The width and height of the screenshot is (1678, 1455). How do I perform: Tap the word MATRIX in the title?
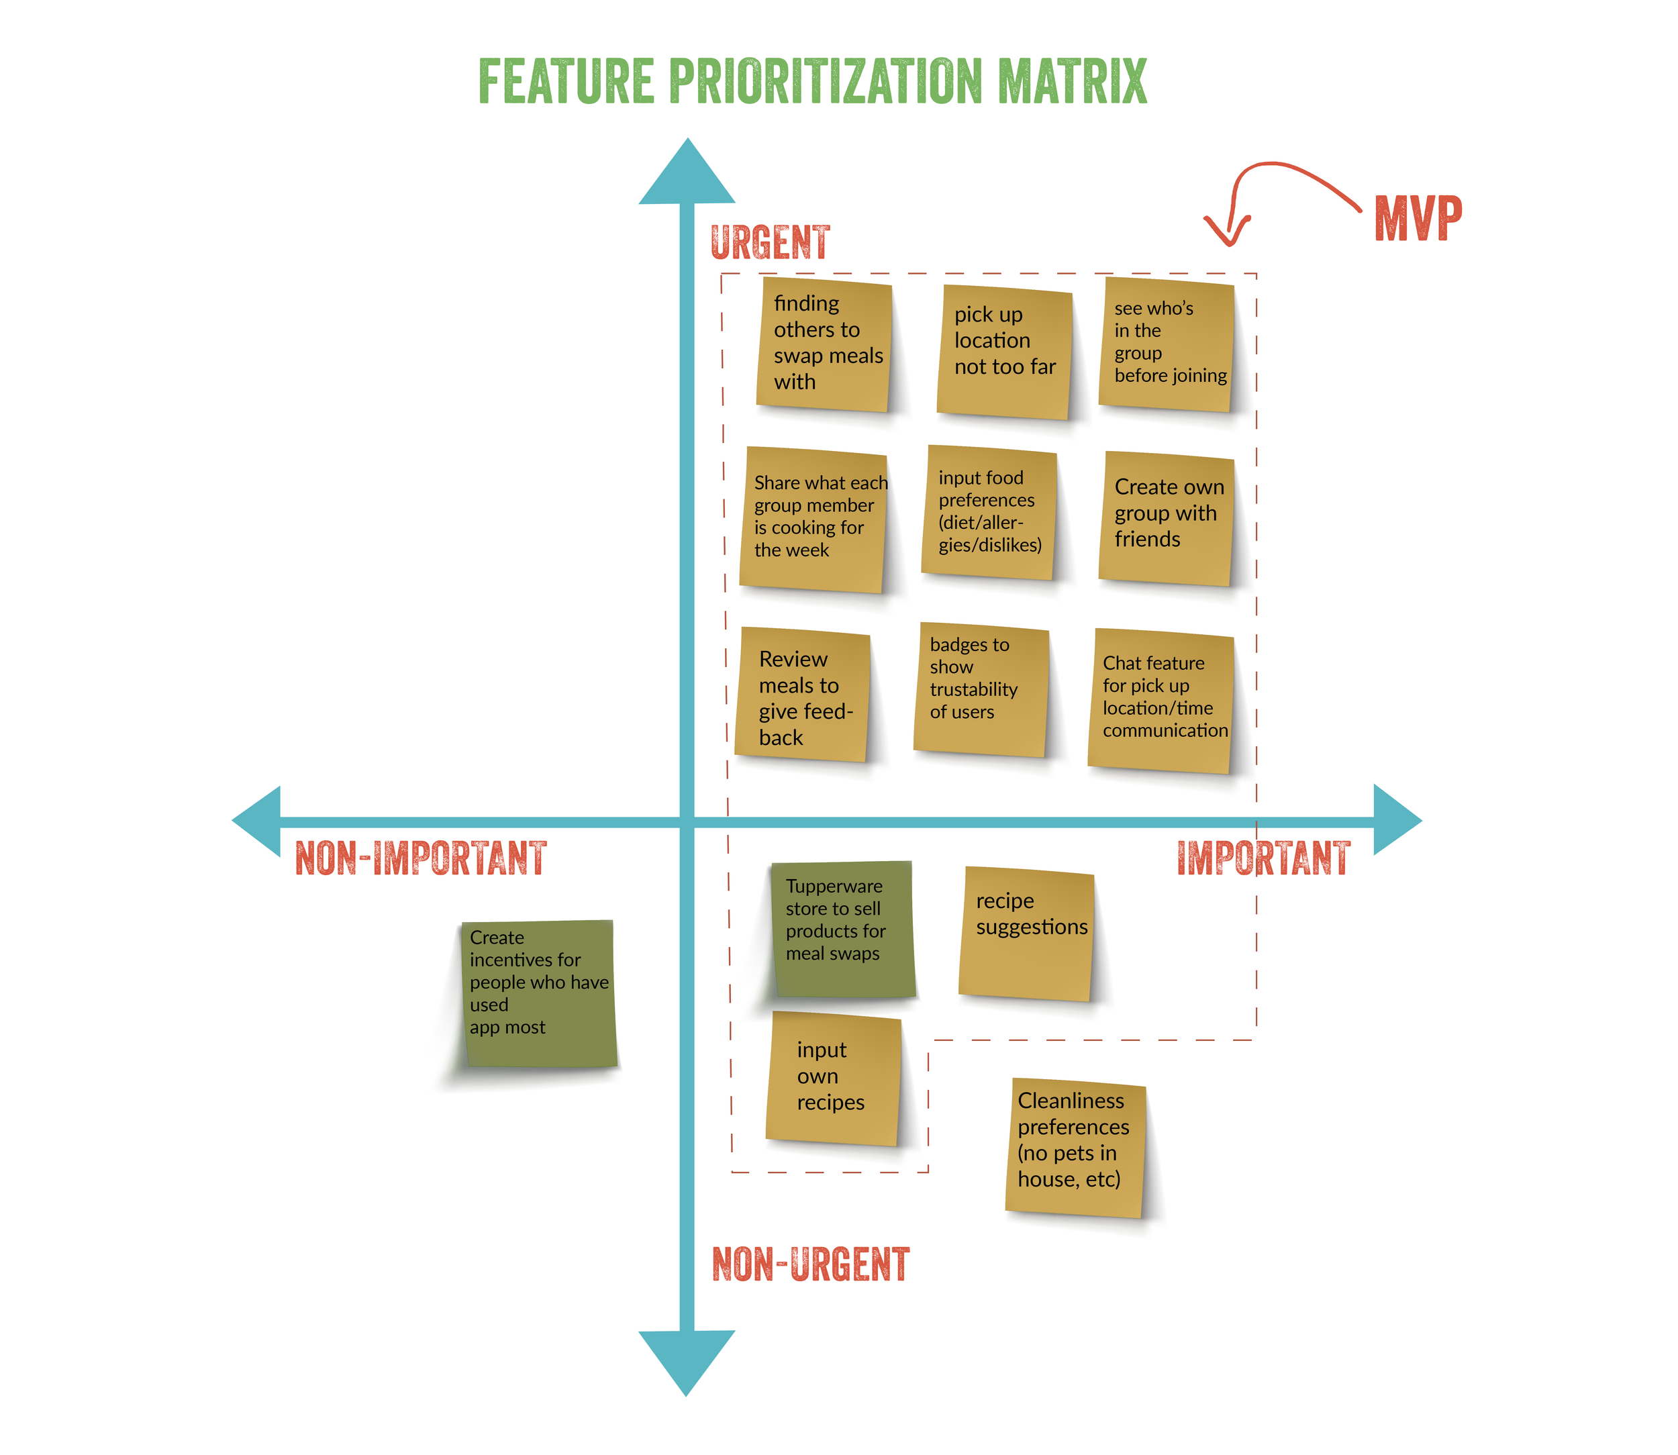pyautogui.click(x=1071, y=81)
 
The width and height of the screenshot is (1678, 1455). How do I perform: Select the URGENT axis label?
pyautogui.click(x=770, y=242)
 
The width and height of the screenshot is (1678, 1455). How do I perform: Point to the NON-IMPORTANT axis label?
pyautogui.click(x=421, y=858)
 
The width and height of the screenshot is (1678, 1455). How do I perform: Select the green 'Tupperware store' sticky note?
pyautogui.click(x=842, y=929)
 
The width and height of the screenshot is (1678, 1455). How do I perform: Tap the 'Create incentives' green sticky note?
pyautogui.click(x=538, y=993)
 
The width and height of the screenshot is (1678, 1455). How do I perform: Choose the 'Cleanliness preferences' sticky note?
pyautogui.click(x=1075, y=1146)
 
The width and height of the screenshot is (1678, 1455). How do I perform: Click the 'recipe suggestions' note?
pyautogui.click(x=1027, y=934)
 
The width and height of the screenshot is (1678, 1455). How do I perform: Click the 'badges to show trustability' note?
pyautogui.click(x=981, y=689)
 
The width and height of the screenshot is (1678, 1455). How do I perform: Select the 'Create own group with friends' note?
pyautogui.click(x=1167, y=518)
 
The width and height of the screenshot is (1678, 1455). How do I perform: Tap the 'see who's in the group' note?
pyautogui.click(x=1167, y=344)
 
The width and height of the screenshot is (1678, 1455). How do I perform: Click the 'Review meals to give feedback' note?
pyautogui.click(x=803, y=695)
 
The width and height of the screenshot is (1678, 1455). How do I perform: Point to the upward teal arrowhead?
pyautogui.click(x=687, y=174)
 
